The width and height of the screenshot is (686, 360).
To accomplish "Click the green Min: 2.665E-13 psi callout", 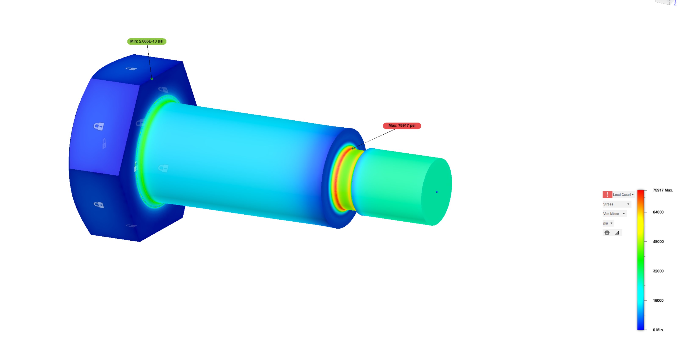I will click(x=147, y=41).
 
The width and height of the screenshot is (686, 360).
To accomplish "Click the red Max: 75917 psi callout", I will click(x=402, y=126).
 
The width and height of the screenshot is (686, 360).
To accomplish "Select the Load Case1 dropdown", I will click(x=623, y=195).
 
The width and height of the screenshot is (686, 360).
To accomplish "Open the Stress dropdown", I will click(x=616, y=204).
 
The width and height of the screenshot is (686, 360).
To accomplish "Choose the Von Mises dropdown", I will click(x=614, y=214).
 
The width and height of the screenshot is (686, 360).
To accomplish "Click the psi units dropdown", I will click(x=608, y=223).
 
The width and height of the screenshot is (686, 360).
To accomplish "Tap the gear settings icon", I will click(x=607, y=233).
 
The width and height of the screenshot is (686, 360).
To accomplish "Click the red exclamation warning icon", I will click(x=607, y=195).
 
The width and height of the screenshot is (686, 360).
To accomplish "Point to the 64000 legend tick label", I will click(x=658, y=212).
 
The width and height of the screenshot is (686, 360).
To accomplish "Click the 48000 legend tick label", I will click(x=658, y=241).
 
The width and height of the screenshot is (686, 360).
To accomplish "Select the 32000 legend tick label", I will click(x=658, y=271).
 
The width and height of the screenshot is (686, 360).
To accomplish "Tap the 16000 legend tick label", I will click(x=658, y=301).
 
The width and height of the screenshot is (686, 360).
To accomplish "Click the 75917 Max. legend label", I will click(x=662, y=190).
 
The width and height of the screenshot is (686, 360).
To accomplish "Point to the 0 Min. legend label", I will click(x=658, y=330).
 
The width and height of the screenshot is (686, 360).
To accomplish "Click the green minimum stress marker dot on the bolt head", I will click(x=152, y=79).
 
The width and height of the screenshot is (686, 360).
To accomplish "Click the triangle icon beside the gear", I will click(x=617, y=233).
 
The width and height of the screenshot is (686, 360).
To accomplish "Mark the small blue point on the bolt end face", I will click(x=437, y=192).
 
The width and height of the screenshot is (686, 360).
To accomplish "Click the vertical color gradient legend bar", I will click(x=640, y=260).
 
